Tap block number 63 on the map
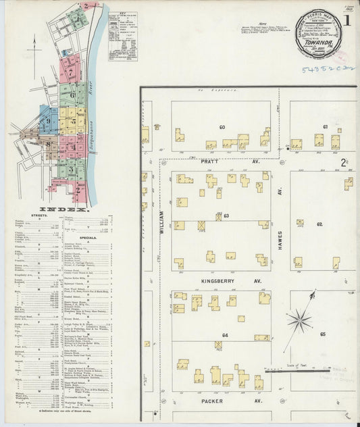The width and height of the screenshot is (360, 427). pyautogui.click(x=226, y=216)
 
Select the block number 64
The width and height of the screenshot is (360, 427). pyautogui.click(x=225, y=335)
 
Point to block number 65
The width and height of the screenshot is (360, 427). pyautogui.click(x=324, y=334)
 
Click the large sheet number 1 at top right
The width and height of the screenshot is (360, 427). pyautogui.click(x=347, y=20)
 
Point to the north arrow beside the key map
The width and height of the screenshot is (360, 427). pyautogui.click(x=34, y=47)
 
